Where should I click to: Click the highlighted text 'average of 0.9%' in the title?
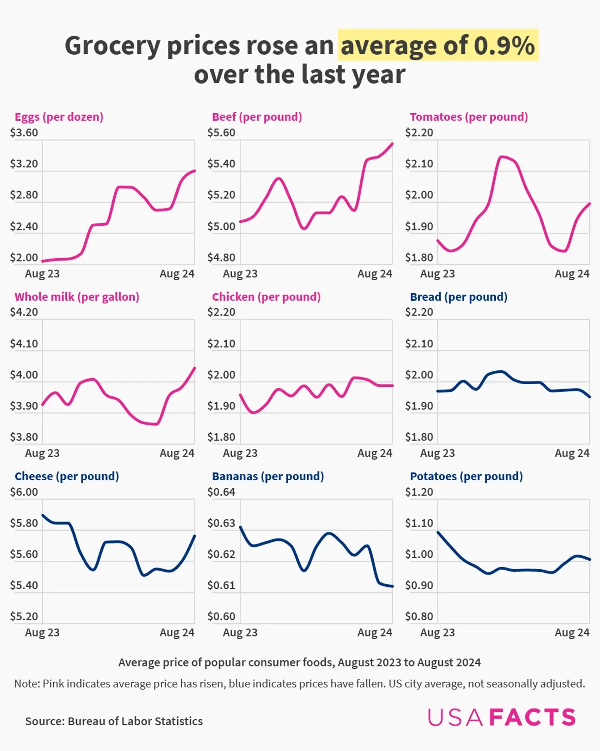(x=438, y=45)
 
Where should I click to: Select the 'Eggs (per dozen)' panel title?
(x=59, y=117)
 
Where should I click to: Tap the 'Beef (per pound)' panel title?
(x=257, y=117)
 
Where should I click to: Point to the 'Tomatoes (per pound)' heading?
(x=469, y=117)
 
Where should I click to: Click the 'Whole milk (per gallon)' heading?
(x=77, y=297)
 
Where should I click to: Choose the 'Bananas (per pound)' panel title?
(x=268, y=476)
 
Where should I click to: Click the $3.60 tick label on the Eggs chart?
(x=24, y=133)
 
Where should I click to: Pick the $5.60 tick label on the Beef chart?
(x=221, y=133)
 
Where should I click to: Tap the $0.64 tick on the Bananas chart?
(x=221, y=492)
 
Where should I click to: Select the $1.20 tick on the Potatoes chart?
(x=419, y=492)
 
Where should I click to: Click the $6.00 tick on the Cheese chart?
(x=24, y=492)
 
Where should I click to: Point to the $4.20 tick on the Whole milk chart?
(x=24, y=312)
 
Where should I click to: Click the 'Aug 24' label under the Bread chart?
(x=572, y=453)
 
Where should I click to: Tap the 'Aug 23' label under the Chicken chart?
(x=240, y=453)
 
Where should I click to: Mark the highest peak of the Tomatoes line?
(x=503, y=157)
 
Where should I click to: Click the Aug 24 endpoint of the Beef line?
(x=392, y=144)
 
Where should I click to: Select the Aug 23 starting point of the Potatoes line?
(x=438, y=532)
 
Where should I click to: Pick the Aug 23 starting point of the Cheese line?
(x=43, y=515)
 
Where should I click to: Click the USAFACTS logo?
(x=501, y=717)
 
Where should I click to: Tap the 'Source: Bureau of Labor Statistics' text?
(x=114, y=721)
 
